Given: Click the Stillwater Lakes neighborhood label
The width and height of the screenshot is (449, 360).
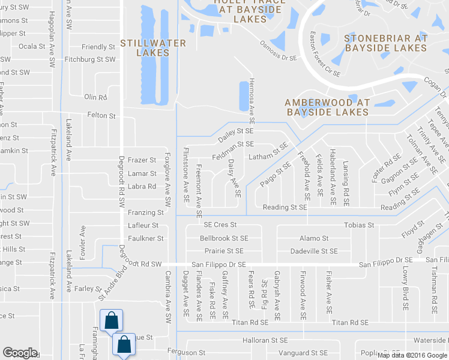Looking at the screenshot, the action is [152, 48].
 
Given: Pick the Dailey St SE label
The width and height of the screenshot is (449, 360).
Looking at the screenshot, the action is [236, 134].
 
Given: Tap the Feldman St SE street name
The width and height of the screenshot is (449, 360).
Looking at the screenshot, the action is [233, 145].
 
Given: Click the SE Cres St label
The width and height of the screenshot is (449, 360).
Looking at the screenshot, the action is [220, 224].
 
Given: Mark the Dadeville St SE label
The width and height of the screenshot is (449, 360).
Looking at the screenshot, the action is [313, 251].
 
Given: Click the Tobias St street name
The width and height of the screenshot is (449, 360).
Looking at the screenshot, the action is [359, 225].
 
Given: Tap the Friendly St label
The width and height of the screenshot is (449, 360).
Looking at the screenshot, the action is [98, 47].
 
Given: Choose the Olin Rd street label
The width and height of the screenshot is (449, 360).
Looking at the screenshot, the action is [95, 97].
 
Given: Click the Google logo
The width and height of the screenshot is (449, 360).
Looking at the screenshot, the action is [20, 353].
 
